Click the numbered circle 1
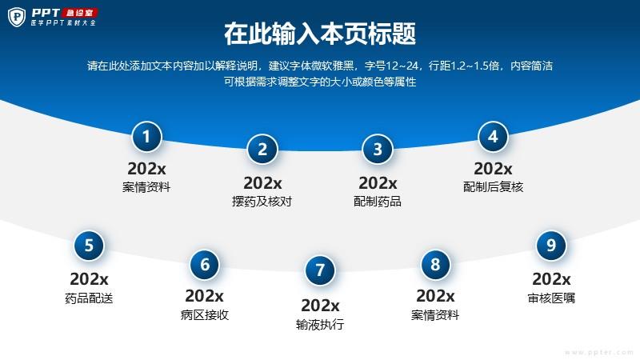tap(146, 137)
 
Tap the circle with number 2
tap(262, 150)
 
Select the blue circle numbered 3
tap(378, 150)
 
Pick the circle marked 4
tap(493, 137)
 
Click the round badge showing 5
tap(89, 246)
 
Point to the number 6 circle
tap(205, 265)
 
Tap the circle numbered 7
tap(320, 270)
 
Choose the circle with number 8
tap(435, 265)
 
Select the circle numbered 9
tap(551, 246)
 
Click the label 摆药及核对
tap(262, 202)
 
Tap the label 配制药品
tap(378, 202)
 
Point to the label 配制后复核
tap(493, 187)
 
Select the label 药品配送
tap(89, 298)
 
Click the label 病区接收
tap(205, 315)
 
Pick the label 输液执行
tap(320, 325)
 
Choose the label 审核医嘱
tap(551, 298)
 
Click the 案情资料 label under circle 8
tap(435, 315)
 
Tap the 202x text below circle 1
tap(146, 169)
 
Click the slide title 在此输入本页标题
tap(320, 34)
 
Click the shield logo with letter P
tap(17, 17)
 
